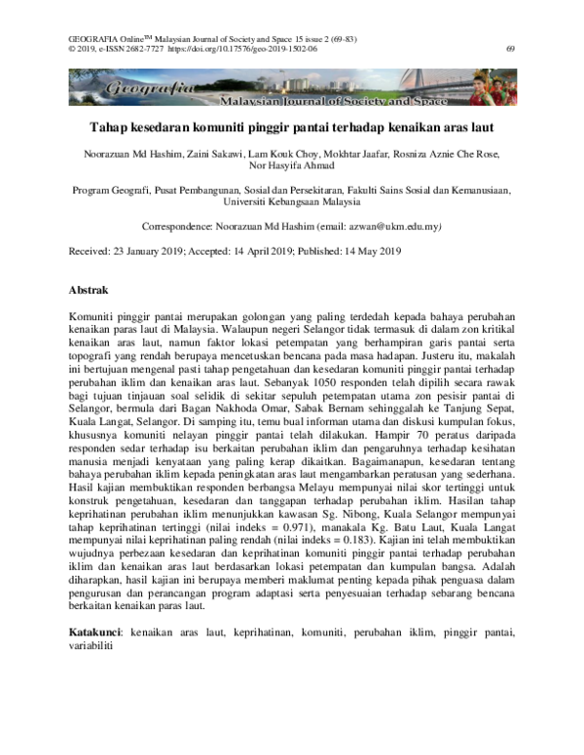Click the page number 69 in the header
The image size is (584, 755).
511,47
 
